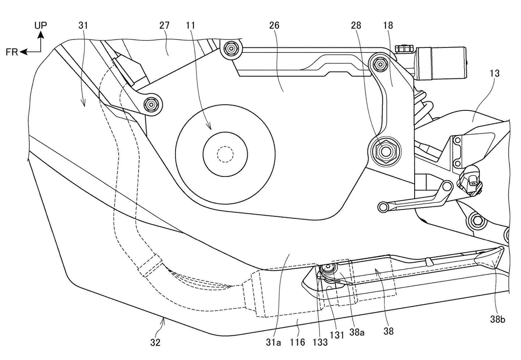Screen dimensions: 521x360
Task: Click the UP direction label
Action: tap(41, 25)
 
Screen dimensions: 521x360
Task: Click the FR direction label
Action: tap(12, 52)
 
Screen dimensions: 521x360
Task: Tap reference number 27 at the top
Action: tap(164, 25)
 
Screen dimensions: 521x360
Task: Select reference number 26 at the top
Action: tap(274, 25)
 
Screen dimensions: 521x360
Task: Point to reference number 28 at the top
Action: tap(356, 25)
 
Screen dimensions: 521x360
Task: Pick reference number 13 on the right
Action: tap(494, 73)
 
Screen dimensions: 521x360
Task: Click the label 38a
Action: tap(357, 333)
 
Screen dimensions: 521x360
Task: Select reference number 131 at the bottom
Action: tap(336, 335)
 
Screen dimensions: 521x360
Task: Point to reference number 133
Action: tap(320, 342)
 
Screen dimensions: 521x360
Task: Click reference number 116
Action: tap(297, 342)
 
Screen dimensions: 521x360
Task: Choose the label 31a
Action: tap(274, 342)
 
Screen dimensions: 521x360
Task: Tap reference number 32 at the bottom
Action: tap(155, 342)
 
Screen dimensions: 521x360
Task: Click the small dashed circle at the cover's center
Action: tap(225, 154)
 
